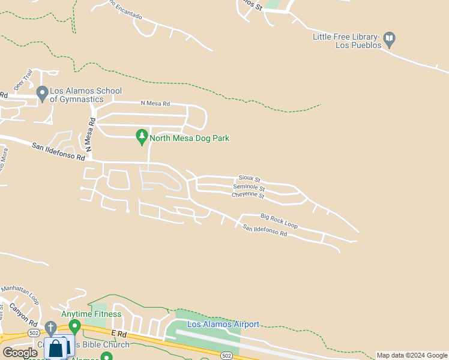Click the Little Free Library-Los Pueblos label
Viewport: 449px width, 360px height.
point(346,41)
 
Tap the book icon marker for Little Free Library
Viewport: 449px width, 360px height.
point(390,40)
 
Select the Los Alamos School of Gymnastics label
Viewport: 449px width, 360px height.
point(86,95)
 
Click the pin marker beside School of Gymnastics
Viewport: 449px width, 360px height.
point(42,94)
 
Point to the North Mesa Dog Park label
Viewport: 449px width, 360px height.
point(189,139)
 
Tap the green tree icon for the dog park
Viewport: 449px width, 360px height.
point(142,137)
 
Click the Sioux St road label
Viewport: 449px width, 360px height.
point(249,179)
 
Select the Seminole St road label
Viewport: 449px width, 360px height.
point(249,188)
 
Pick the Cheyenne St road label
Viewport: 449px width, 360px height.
point(248,195)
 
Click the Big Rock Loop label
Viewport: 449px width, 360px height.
point(279,220)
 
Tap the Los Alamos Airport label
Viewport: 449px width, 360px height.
point(223,325)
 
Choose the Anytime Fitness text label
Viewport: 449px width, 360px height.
point(91,314)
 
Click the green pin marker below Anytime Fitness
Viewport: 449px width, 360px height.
point(74,327)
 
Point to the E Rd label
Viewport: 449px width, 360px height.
point(119,333)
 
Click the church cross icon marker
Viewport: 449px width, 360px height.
point(51,328)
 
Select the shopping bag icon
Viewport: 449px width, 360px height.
point(56,348)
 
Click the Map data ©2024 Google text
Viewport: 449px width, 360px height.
point(412,355)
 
